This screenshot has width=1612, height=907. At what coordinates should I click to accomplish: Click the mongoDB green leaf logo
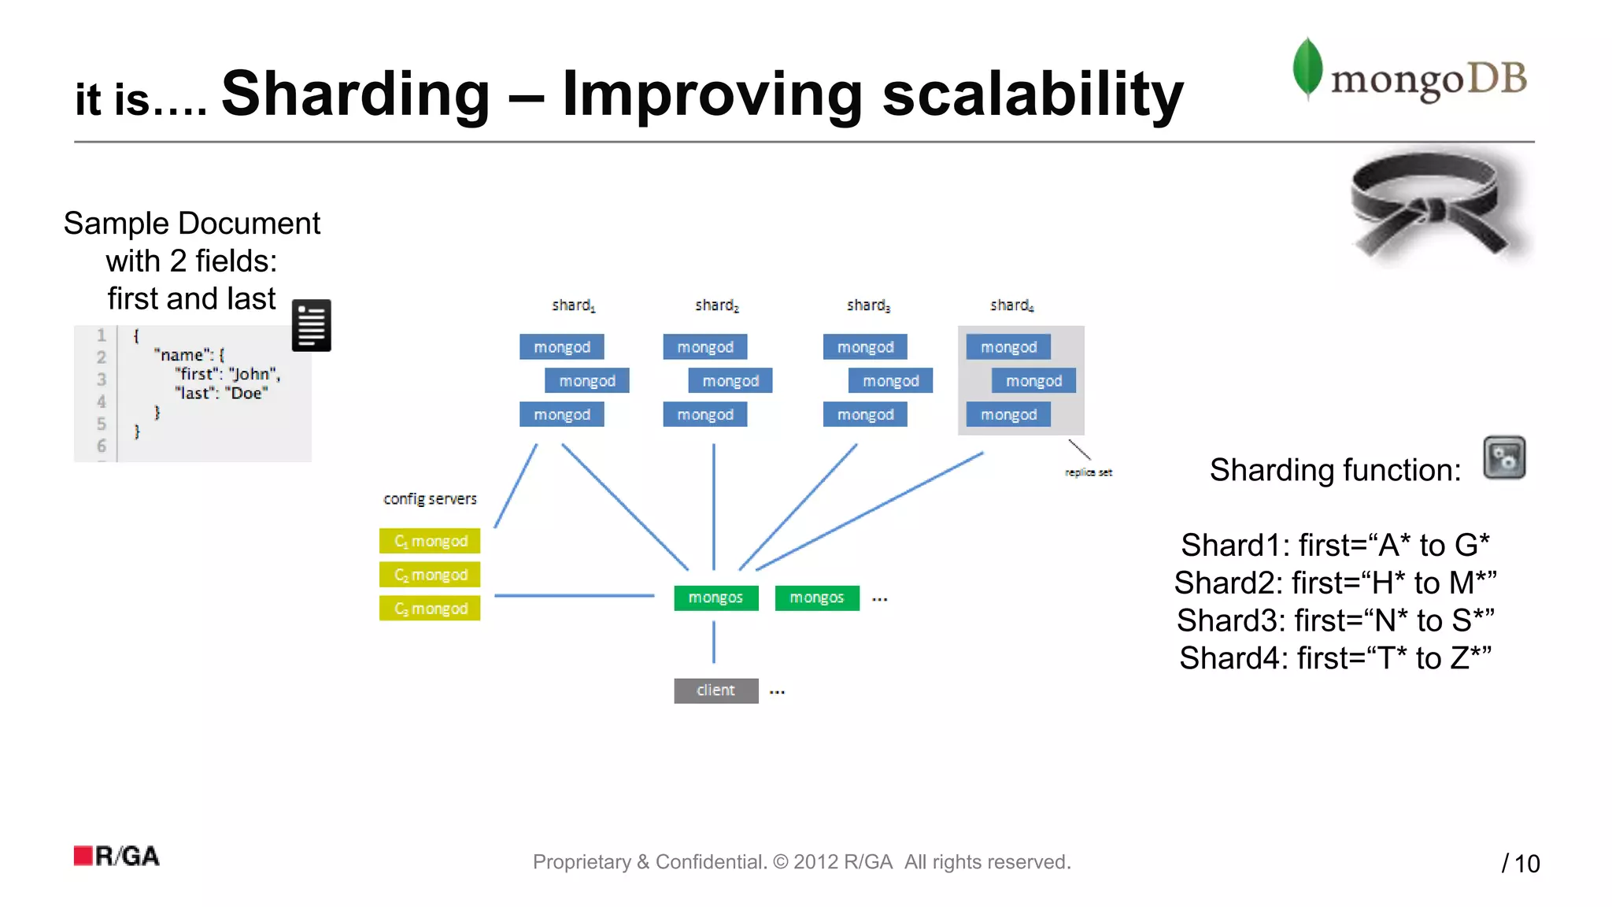pos(1307,68)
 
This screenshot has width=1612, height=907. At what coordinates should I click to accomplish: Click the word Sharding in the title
pos(356,94)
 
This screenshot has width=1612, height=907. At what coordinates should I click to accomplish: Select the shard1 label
pos(573,305)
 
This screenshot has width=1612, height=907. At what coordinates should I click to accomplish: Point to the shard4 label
pos(1011,305)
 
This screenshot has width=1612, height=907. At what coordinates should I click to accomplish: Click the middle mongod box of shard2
pos(730,381)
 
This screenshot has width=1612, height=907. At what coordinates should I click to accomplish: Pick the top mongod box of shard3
pos(865,347)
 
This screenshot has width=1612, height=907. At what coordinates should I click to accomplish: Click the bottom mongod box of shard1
pos(561,415)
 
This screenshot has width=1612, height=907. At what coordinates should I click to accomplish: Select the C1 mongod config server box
pos(430,542)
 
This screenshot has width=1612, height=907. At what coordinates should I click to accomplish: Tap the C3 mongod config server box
pos(430,609)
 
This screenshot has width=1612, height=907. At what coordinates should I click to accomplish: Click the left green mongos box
pos(715,598)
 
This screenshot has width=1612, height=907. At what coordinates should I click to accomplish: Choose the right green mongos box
pos(816,598)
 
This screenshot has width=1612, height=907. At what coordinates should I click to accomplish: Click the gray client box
pos(715,690)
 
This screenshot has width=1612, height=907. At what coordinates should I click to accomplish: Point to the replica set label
pos(1088,472)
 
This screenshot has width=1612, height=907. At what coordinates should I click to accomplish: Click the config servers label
pos(430,499)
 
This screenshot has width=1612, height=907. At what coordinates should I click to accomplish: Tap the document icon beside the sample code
pos(311,325)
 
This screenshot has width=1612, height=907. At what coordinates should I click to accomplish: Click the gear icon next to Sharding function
pos(1503,457)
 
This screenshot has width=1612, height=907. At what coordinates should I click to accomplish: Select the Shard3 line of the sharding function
pos(1335,620)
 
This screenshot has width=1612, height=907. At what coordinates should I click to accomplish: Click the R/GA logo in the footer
pos(116,856)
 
